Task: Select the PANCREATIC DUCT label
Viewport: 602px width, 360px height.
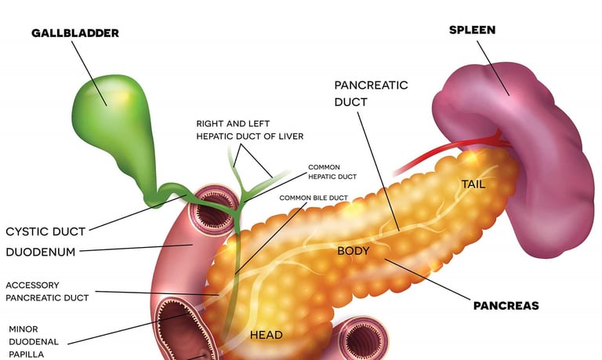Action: [371, 93]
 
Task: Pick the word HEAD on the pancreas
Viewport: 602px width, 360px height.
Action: [266, 335]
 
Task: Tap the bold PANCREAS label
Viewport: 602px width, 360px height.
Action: [506, 305]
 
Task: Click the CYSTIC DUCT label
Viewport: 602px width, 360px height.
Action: [45, 231]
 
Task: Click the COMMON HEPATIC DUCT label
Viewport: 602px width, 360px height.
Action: [332, 172]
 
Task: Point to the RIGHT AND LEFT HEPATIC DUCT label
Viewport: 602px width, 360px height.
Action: [249, 130]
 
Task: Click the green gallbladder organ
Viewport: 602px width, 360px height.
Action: [106, 110]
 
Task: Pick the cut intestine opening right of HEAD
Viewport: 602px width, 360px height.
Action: [361, 340]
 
